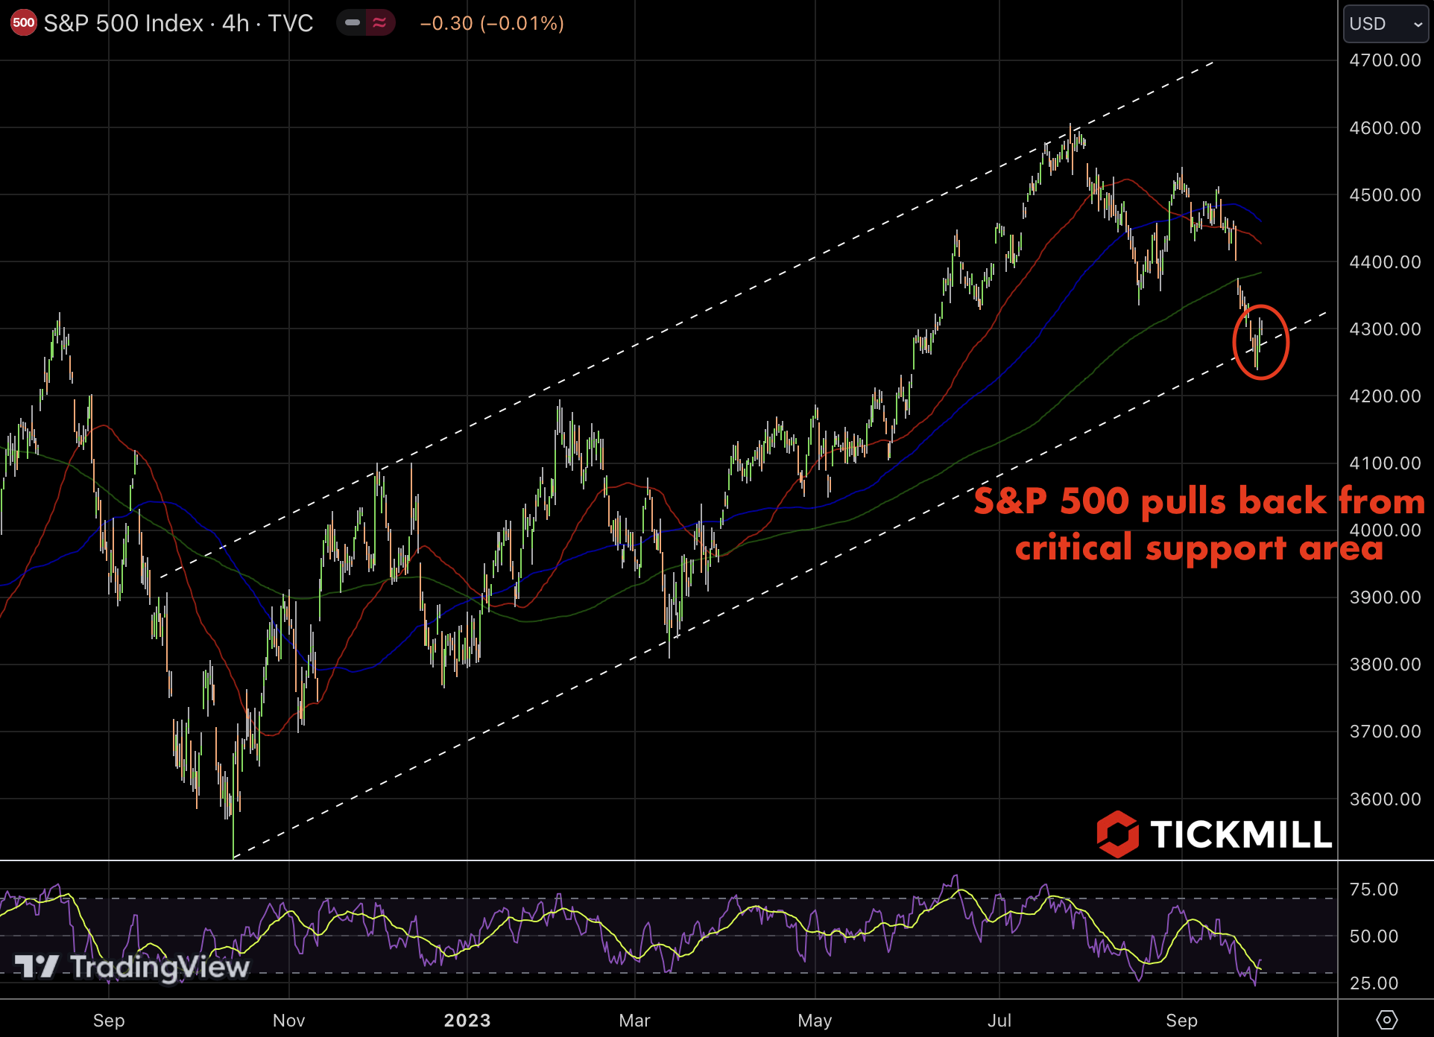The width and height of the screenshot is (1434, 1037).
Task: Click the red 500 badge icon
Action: [23, 23]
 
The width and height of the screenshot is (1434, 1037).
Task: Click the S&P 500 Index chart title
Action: [178, 23]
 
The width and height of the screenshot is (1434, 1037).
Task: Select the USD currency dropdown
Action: [1385, 24]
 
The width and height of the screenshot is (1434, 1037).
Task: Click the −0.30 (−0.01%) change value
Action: [492, 23]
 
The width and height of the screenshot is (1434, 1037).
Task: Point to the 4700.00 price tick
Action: [1385, 60]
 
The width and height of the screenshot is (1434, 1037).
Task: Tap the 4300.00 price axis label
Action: [1385, 329]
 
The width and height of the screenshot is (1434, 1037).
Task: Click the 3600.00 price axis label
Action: [1385, 799]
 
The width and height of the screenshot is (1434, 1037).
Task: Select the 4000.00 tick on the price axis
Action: [1385, 530]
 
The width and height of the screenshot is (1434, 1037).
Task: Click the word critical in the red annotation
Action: [1074, 548]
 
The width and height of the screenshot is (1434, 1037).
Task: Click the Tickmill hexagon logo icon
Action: [1117, 834]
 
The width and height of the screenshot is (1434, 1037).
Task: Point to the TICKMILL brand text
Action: [1240, 834]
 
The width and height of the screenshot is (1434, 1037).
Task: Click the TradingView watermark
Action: [132, 966]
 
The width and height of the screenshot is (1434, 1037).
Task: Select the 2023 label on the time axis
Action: [467, 1020]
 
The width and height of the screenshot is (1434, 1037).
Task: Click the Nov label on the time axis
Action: [288, 1020]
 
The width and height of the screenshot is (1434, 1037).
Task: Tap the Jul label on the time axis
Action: [999, 1020]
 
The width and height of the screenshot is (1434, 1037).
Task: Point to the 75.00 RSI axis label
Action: [1374, 889]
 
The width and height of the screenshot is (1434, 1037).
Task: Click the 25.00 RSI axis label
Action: [1374, 983]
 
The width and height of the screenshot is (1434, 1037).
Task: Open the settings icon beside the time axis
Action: [1386, 1019]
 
